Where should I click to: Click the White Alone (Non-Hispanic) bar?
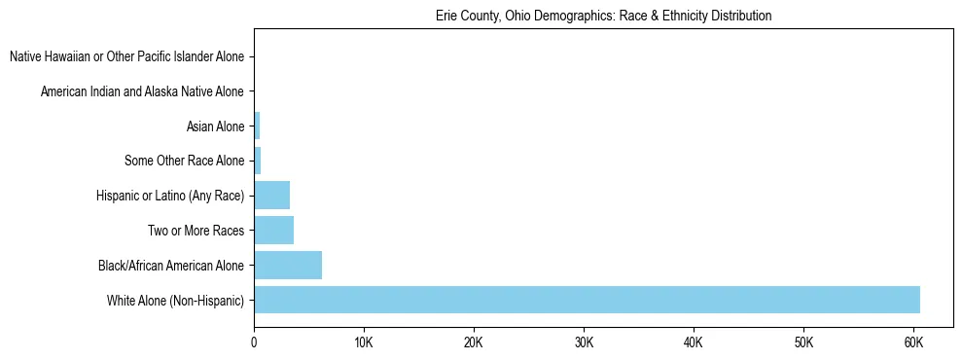pyautogui.click(x=587, y=300)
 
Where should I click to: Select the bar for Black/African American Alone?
pyautogui.click(x=288, y=265)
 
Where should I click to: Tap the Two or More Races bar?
pyautogui.click(x=273, y=231)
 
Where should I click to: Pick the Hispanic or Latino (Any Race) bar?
pyautogui.click(x=271, y=196)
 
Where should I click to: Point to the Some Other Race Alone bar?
pyautogui.click(x=257, y=161)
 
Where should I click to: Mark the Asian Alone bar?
pyautogui.click(x=257, y=126)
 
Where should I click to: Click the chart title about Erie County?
pyautogui.click(x=603, y=17)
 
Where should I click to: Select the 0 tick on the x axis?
pyautogui.click(x=254, y=342)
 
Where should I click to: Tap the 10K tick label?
pyautogui.click(x=364, y=342)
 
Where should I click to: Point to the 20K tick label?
pyautogui.click(x=474, y=342)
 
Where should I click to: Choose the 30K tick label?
pyautogui.click(x=584, y=342)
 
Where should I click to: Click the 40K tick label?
pyautogui.click(x=694, y=342)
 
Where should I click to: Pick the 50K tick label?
pyautogui.click(x=803, y=342)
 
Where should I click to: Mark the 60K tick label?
pyautogui.click(x=913, y=342)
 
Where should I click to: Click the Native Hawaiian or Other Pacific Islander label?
pyautogui.click(x=126, y=57)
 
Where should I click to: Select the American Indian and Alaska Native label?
pyautogui.click(x=142, y=91)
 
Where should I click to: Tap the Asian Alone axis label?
pyautogui.click(x=215, y=126)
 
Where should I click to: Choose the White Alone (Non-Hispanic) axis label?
pyautogui.click(x=176, y=300)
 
